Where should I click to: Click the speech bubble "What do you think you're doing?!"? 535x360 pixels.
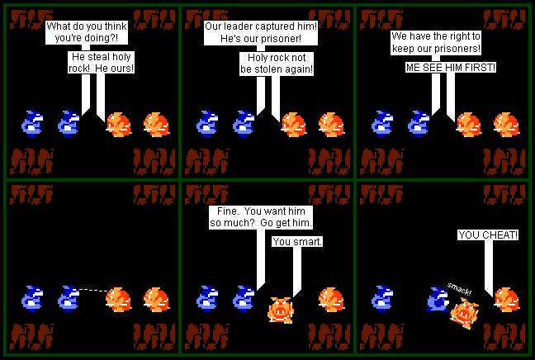[80, 32]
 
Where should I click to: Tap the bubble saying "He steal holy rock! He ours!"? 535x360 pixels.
[102, 62]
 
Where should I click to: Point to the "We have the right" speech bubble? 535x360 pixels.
[436, 43]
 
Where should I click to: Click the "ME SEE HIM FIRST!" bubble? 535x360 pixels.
[450, 67]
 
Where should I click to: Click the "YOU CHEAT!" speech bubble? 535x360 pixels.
[489, 235]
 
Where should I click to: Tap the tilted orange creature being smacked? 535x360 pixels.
[462, 313]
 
